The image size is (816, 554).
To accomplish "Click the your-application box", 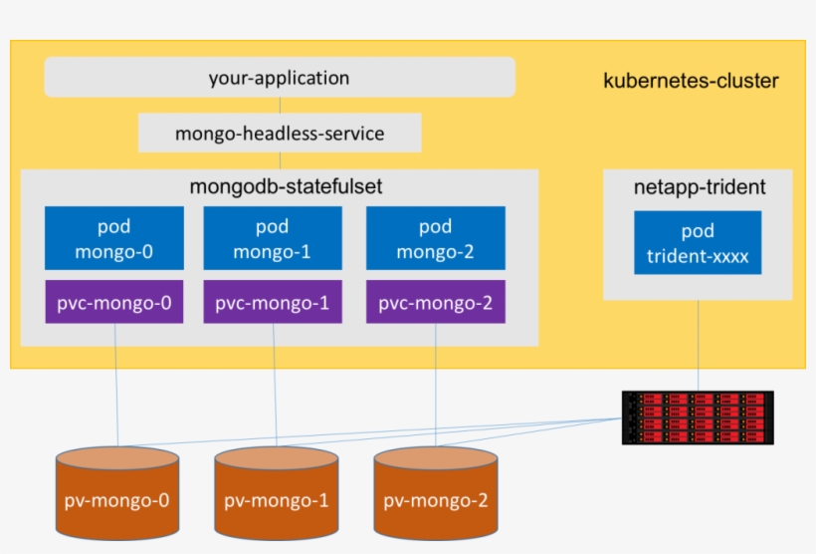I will (x=280, y=78).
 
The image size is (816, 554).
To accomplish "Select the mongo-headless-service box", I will (x=280, y=134).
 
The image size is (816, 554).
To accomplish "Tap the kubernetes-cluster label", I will (x=691, y=81).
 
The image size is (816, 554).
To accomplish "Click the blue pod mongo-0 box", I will (x=113, y=238).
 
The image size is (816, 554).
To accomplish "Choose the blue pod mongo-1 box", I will (x=273, y=238).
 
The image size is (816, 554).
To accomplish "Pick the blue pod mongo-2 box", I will (x=435, y=238).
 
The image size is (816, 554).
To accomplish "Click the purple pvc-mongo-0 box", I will (x=113, y=302).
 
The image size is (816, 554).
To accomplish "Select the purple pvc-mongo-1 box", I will (x=273, y=302).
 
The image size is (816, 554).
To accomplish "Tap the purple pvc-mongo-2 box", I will (x=435, y=302).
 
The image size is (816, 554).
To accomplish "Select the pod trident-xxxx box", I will (x=698, y=243).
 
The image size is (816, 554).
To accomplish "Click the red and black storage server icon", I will (x=698, y=417).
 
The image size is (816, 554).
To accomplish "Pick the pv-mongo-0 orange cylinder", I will (x=117, y=491).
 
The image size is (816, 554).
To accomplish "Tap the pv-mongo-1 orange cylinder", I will (x=277, y=491).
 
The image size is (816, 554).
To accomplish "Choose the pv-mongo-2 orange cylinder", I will (x=436, y=491).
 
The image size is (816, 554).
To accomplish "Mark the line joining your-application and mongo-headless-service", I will (x=280, y=106).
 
